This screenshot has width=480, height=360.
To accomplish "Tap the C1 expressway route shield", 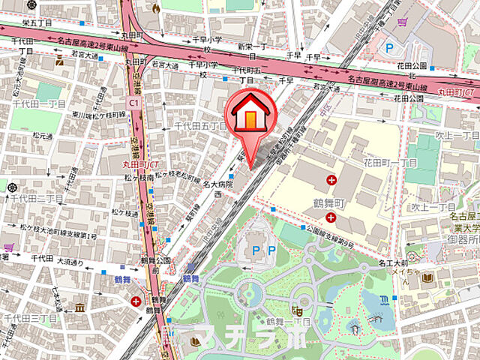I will (133, 100).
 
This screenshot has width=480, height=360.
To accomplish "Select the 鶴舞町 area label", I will (328, 203).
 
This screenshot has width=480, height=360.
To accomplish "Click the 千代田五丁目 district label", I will (200, 127).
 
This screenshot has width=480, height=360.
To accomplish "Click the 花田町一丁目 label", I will (390, 162).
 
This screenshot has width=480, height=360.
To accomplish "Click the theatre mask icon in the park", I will (298, 308).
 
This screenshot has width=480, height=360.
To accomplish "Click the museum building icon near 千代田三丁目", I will (79, 307).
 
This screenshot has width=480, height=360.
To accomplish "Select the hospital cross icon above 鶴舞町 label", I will (331, 179).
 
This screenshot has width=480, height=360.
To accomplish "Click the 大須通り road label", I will (70, 262).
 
